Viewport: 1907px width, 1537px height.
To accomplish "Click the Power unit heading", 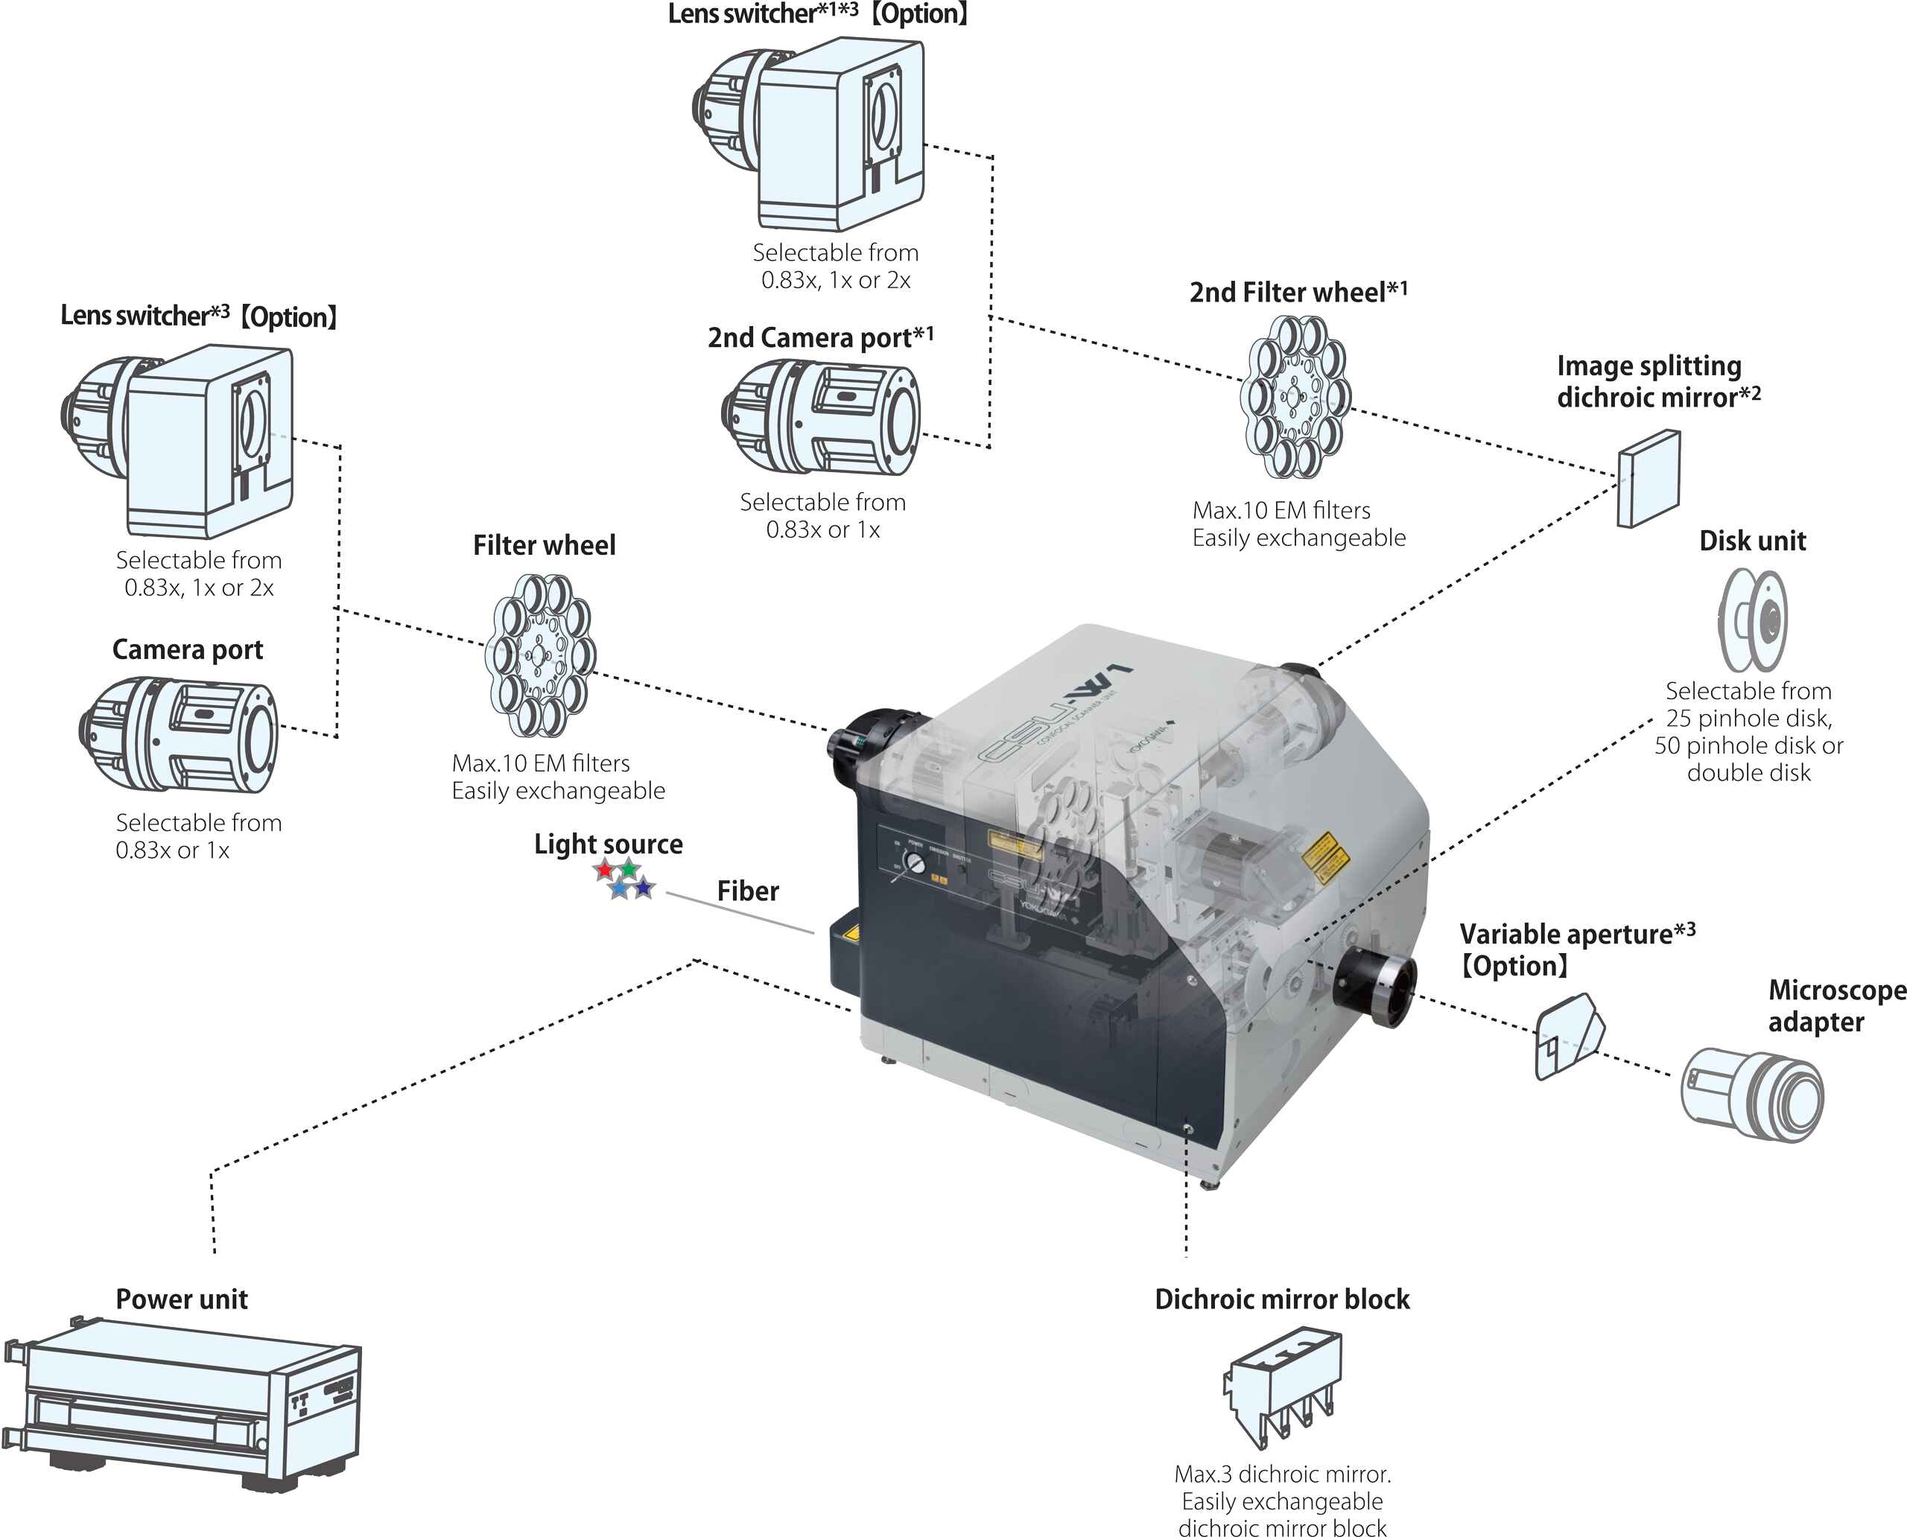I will click(182, 1299).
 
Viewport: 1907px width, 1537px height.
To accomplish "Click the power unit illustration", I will click(182, 1403).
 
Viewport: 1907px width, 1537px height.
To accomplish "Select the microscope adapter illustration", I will click(1752, 1095).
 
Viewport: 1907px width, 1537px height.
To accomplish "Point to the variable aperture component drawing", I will click(1568, 1036).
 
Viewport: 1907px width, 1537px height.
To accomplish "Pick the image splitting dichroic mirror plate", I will click(1649, 478).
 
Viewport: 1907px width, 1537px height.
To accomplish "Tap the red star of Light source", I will click(605, 871).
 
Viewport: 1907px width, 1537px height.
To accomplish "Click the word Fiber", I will click(748, 891).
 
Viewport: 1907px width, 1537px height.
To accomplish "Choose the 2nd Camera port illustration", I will click(822, 416).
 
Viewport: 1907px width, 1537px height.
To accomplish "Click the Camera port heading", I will click(188, 650).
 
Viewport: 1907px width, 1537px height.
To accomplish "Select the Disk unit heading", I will click(1752, 541).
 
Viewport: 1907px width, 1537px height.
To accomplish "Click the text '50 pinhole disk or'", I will click(1748, 745).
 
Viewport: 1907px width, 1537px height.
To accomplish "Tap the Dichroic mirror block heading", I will click(1282, 1299).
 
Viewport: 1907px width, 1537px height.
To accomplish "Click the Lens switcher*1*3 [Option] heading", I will click(816, 14).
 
